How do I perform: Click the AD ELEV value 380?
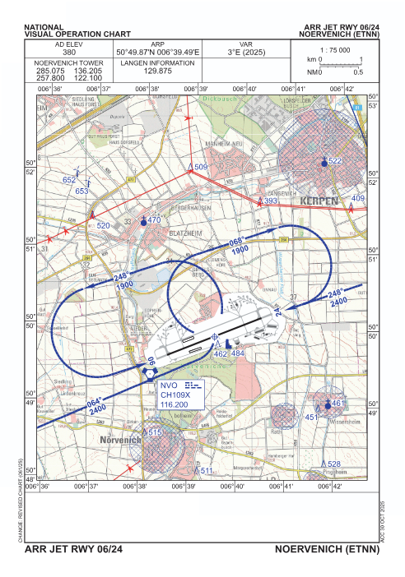click(70, 52)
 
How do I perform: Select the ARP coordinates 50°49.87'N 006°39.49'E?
click(158, 52)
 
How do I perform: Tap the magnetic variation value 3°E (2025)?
click(245, 52)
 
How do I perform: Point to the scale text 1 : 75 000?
click(335, 49)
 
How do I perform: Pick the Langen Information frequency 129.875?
click(158, 71)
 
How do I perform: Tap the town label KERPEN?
click(320, 201)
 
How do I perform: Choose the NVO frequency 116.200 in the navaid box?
click(175, 404)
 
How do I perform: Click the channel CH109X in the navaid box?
click(175, 395)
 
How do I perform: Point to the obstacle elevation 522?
click(334, 162)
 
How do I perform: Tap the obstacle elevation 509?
click(201, 168)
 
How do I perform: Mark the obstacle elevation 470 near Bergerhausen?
click(153, 220)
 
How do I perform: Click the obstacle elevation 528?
click(333, 464)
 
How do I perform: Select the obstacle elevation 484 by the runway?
click(238, 353)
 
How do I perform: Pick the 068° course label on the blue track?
click(237, 242)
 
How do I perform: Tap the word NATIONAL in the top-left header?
click(47, 26)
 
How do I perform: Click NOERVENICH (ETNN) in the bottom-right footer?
click(329, 547)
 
